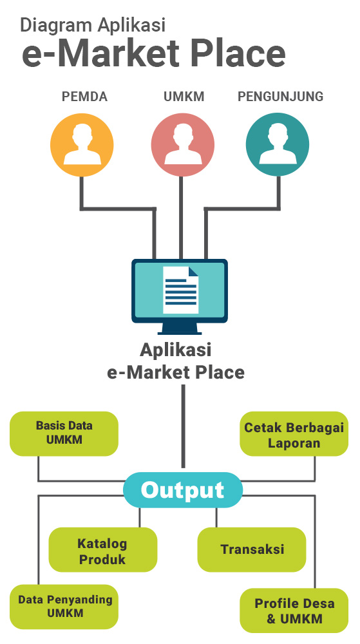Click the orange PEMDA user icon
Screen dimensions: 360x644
coord(82,145)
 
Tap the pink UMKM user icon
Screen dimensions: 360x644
coord(183,145)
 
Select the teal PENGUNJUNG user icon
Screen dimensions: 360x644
coord(278,145)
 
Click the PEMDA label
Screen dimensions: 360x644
coord(84,97)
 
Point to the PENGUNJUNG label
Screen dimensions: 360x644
coord(281,97)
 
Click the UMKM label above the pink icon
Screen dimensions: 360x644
coord(184,97)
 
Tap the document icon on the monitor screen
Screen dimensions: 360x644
coord(180,290)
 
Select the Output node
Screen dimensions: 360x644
coord(183,490)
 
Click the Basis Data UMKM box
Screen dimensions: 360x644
coord(64,433)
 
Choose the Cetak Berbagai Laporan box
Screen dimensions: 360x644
coord(294,433)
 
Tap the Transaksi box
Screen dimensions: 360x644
coord(252,549)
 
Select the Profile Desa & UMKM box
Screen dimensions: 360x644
coord(294,611)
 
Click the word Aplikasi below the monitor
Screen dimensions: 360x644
coord(176,350)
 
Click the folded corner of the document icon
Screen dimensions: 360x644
coord(193,271)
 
